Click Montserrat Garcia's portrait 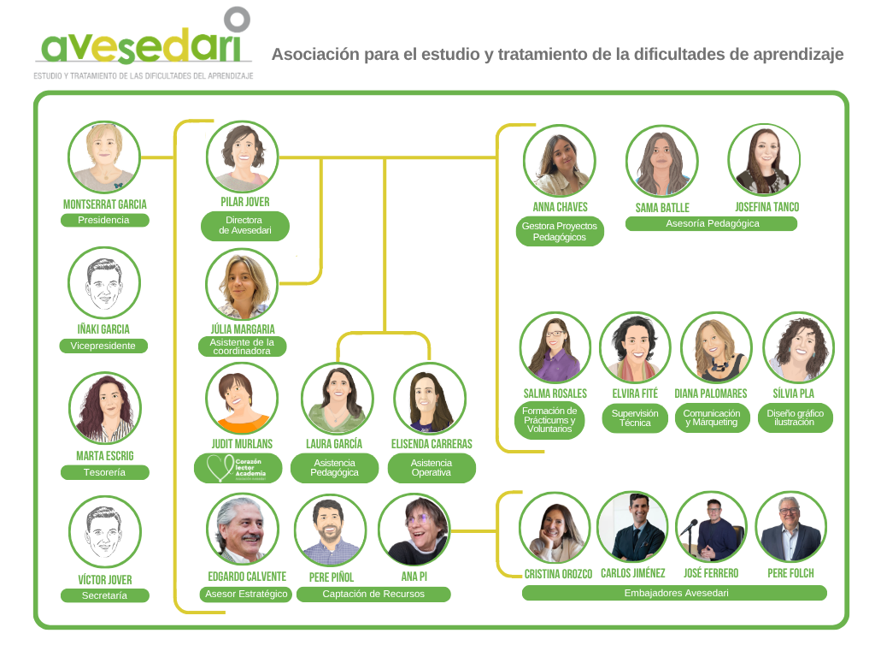[x=103, y=157]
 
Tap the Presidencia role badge [x=104, y=220]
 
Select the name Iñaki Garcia [x=103, y=329]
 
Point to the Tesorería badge [x=104, y=472]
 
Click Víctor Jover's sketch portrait [x=104, y=532]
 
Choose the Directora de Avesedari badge [x=245, y=226]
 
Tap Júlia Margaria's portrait [x=242, y=284]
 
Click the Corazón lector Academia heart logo [x=220, y=468]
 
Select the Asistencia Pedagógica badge [x=335, y=468]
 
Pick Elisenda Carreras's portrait [x=430, y=399]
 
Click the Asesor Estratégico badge [x=246, y=595]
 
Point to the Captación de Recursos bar [x=373, y=595]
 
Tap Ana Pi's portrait [x=414, y=529]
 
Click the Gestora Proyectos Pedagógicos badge [x=560, y=231]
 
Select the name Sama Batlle [x=662, y=208]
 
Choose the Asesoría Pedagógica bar [x=712, y=224]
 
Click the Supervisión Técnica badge [x=635, y=418]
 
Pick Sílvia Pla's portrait [x=799, y=347]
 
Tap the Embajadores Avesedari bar [x=675, y=594]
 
